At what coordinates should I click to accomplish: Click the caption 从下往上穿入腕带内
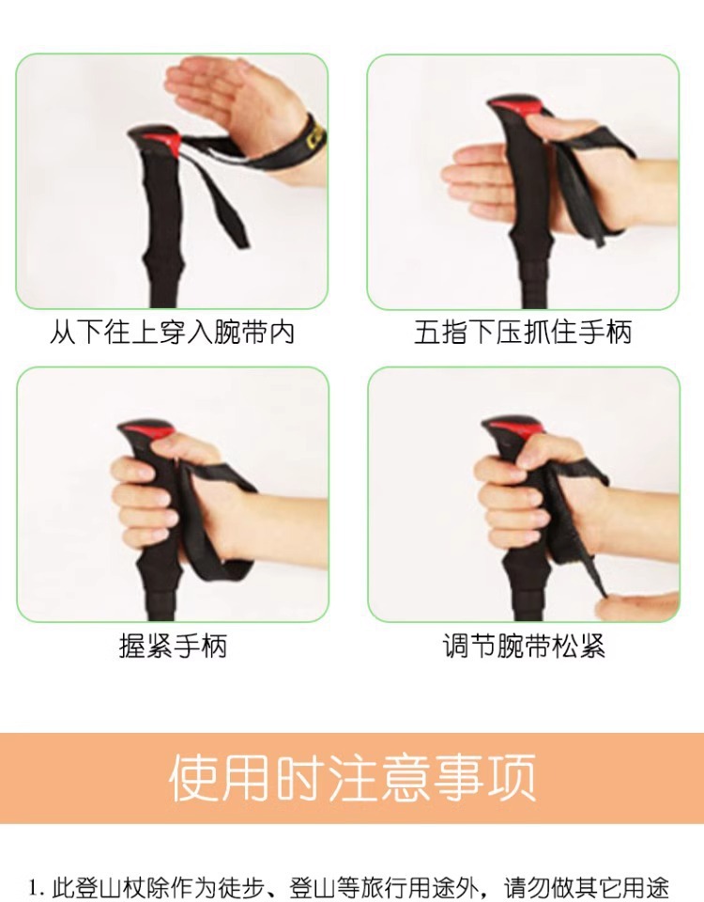pos(173,333)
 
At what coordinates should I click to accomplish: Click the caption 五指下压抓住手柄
pos(523,333)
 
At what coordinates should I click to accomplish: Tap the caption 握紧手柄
pos(173,646)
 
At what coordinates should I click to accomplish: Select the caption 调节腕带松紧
pos(524,646)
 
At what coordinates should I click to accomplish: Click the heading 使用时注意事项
pos(352,778)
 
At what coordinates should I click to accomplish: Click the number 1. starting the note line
pos(36,887)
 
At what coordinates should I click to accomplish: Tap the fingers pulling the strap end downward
pos(638,606)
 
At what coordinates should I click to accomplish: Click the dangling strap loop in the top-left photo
pos(225,202)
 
